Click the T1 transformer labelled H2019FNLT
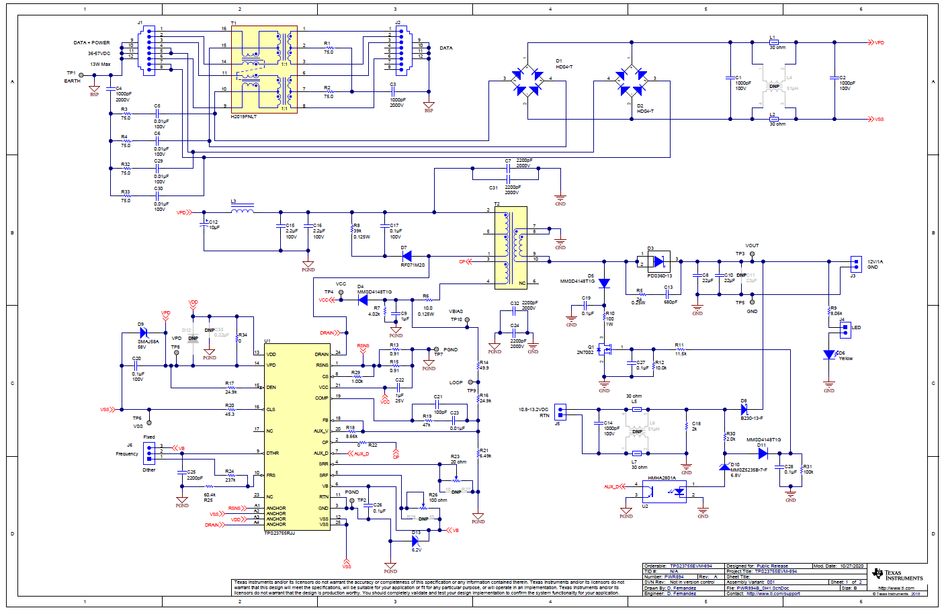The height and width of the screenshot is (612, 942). click(264, 69)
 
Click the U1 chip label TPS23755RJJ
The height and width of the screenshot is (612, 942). click(280, 533)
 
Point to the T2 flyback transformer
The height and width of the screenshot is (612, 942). click(511, 248)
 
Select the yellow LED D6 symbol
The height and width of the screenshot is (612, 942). click(829, 355)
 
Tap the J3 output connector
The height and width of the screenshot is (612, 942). click(855, 263)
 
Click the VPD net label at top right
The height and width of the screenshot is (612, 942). click(878, 43)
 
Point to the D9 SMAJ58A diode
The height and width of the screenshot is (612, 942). click(143, 333)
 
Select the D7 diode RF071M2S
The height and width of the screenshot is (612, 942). click(406, 256)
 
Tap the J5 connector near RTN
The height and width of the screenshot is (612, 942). click(560, 411)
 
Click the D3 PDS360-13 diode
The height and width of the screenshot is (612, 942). click(658, 261)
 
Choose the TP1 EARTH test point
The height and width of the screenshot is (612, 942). click(81, 75)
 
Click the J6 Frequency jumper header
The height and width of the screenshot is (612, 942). click(149, 453)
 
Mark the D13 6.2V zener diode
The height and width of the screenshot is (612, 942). click(415, 541)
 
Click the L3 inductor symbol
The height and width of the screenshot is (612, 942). click(242, 210)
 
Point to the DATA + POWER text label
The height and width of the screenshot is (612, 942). click(91, 43)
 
